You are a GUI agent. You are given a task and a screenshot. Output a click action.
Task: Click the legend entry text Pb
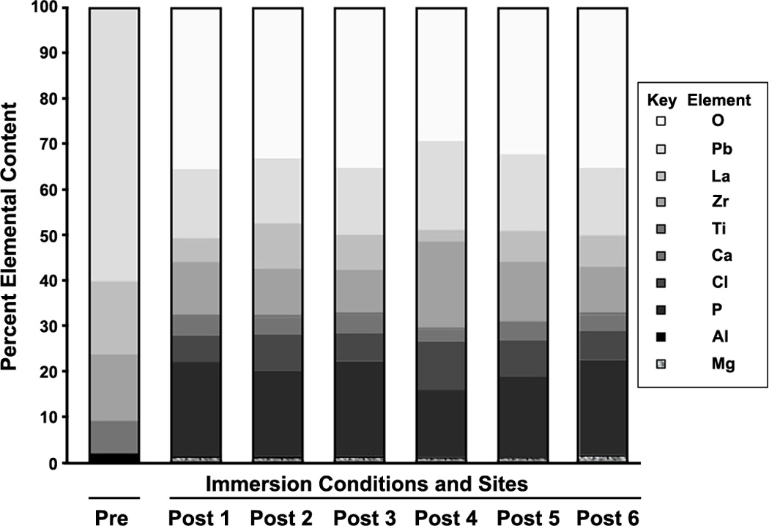718,149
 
